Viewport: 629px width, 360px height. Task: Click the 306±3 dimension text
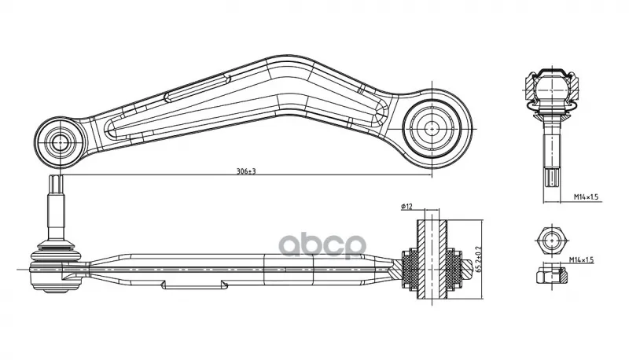pyautogui.click(x=246, y=171)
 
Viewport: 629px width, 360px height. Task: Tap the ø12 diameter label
pyautogui.click(x=406, y=207)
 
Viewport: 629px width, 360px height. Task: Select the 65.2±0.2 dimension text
pyautogui.click(x=478, y=259)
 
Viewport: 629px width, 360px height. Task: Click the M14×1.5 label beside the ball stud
pyautogui.click(x=586, y=197)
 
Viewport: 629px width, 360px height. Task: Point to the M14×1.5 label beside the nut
pyautogui.click(x=581, y=260)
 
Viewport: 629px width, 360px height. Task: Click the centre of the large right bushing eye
pyautogui.click(x=432, y=129)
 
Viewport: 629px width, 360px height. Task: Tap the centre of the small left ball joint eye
pyautogui.click(x=60, y=141)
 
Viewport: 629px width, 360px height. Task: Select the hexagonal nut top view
pyautogui.click(x=552, y=241)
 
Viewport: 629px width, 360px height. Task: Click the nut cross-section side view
pyautogui.click(x=553, y=275)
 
